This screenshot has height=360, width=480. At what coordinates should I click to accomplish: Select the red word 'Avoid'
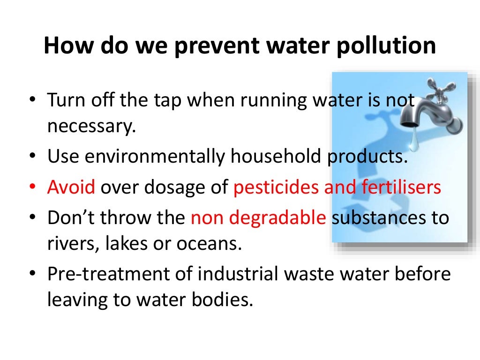71,187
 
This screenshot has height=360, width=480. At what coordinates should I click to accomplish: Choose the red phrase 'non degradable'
258,218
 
